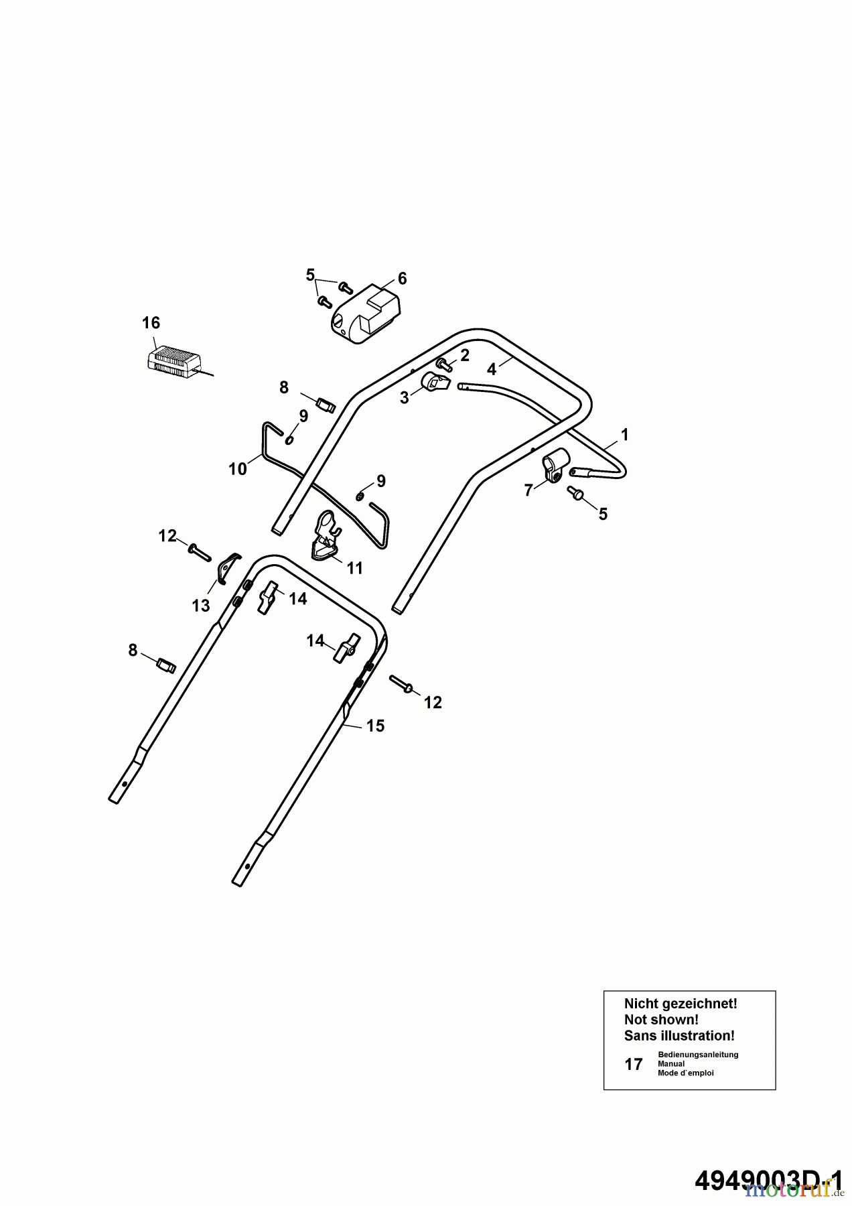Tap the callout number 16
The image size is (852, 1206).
click(151, 323)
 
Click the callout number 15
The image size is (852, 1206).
click(375, 726)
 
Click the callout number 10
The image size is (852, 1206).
click(238, 469)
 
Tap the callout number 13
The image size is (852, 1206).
click(201, 606)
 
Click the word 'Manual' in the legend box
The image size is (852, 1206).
click(671, 1063)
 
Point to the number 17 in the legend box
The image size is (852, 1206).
click(634, 1064)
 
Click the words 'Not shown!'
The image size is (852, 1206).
click(661, 1019)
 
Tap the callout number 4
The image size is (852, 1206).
click(492, 369)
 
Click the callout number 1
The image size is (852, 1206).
click(624, 435)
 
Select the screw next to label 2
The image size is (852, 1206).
click(443, 364)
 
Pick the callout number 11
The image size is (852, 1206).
click(355, 568)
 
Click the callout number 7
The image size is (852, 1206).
click(528, 490)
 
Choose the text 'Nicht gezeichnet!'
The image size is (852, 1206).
click(681, 1003)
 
